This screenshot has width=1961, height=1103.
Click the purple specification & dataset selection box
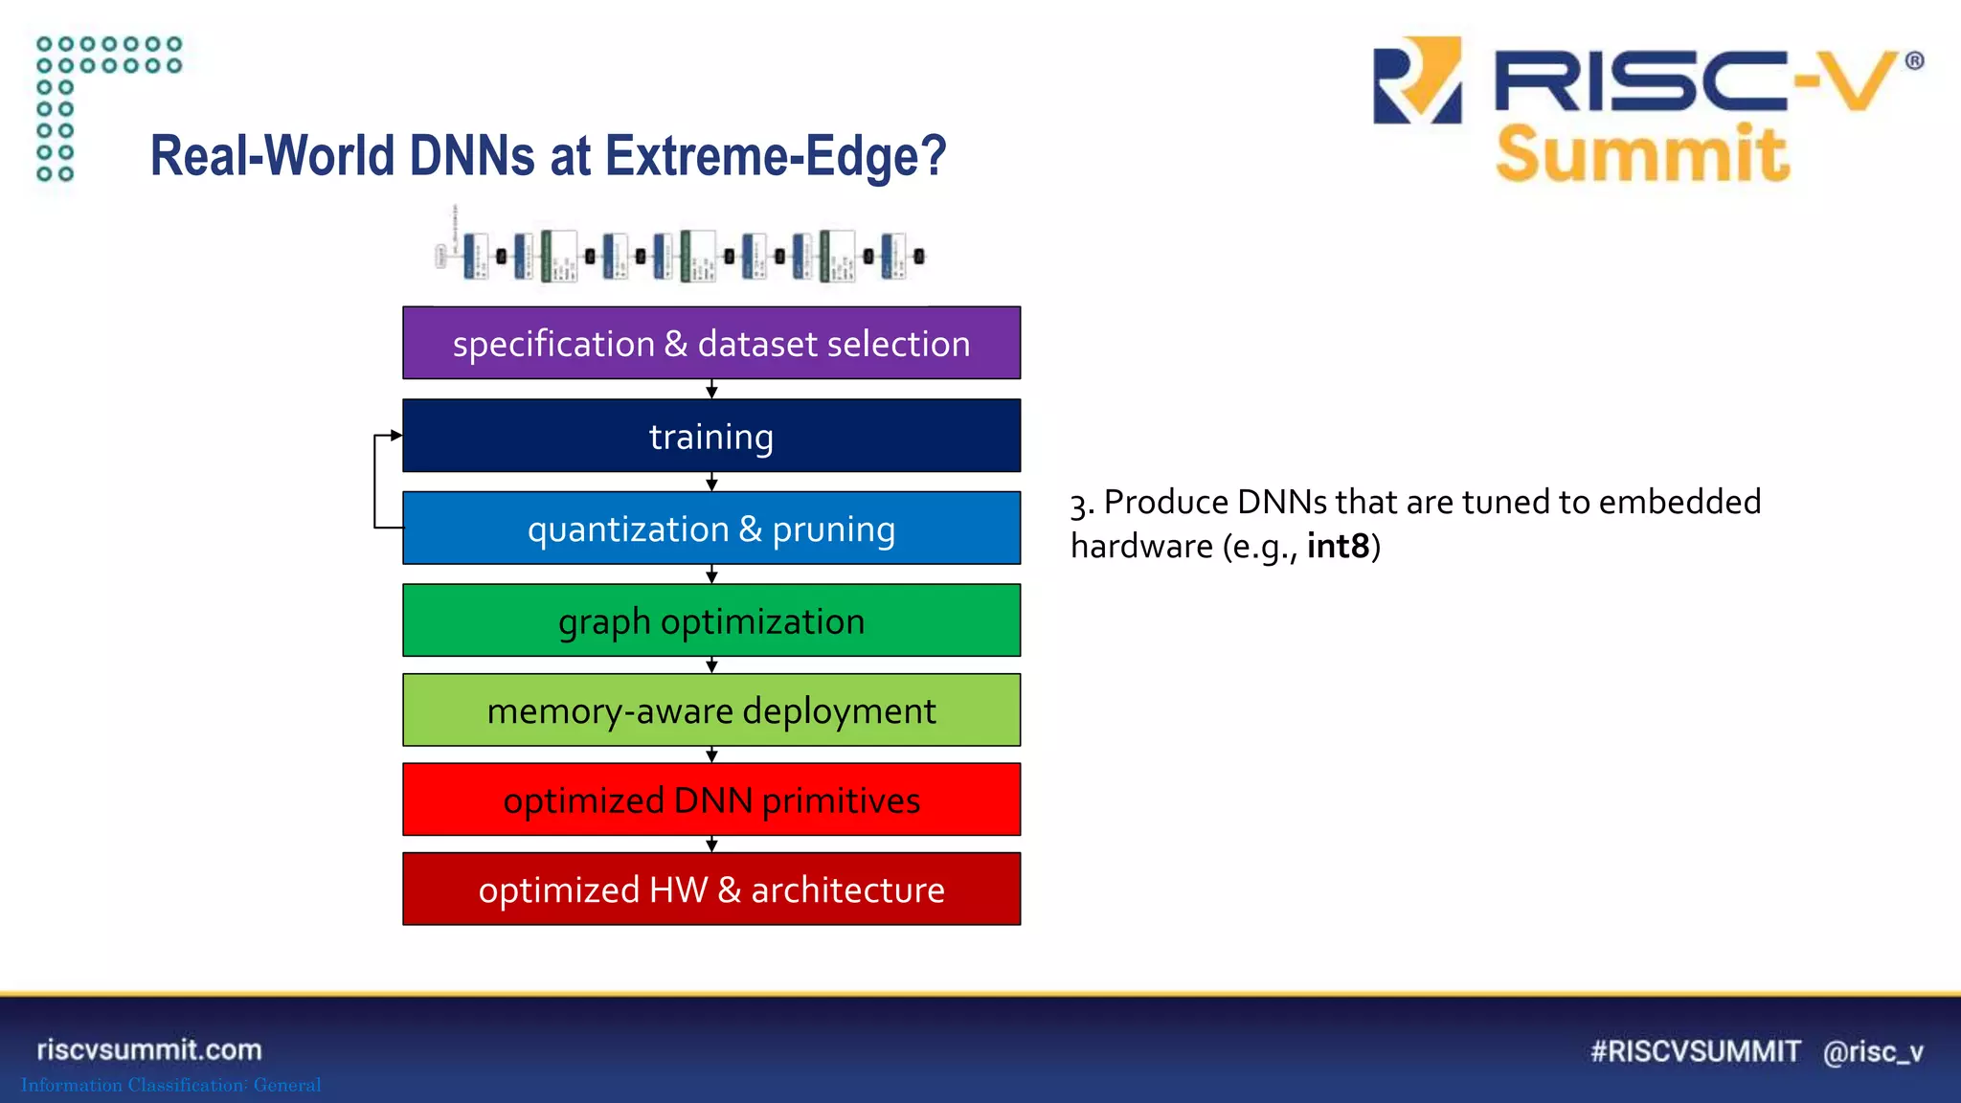coord(711,343)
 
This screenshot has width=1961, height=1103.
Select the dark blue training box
coord(711,437)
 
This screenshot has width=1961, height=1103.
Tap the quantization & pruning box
coord(711,529)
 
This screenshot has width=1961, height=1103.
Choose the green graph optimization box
coord(711,620)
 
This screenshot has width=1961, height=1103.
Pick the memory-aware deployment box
coord(711,710)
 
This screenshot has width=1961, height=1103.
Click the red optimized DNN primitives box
coord(711,799)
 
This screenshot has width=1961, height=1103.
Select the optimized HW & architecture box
coord(711,889)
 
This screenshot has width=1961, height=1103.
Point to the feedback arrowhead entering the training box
coord(395,436)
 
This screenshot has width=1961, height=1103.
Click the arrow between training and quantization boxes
coord(711,482)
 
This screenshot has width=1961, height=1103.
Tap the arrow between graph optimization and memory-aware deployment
coord(711,664)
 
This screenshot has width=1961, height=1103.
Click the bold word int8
coord(1338,546)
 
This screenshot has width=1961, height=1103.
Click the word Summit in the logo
coord(1641,154)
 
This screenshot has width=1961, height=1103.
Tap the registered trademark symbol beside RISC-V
coord(1913,61)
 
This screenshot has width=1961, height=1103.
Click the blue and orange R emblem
coord(1417,81)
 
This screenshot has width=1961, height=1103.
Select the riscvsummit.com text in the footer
coord(149,1049)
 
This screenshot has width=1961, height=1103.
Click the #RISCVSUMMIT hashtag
coord(1695,1051)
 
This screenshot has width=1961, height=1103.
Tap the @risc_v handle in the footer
coord(1873,1051)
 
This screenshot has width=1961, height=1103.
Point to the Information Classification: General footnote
coord(171,1085)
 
